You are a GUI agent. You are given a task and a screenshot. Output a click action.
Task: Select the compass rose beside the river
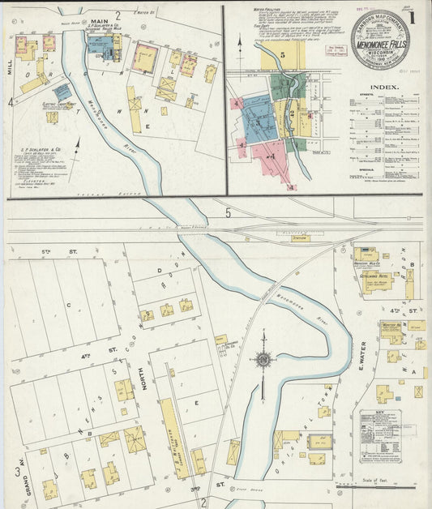pyautogui.click(x=263, y=359)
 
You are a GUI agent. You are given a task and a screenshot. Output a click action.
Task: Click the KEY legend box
pyautogui.click(x=379, y=436)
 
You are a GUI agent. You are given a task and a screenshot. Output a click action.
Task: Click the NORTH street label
pyautogui.click(x=145, y=378)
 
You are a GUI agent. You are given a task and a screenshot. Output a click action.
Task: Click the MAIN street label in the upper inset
pyautogui.click(x=100, y=21)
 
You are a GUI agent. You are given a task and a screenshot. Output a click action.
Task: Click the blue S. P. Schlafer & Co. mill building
pyautogui.click(x=101, y=45)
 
